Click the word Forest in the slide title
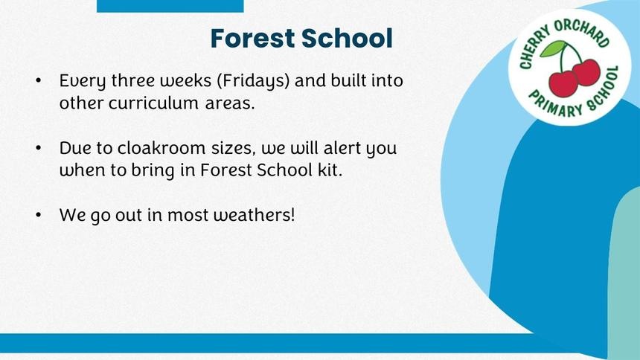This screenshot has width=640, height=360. (253, 39)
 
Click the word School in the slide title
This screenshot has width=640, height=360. (347, 39)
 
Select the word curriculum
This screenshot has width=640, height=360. (153, 103)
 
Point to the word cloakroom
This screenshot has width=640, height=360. (161, 148)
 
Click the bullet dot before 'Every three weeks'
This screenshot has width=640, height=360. (39, 80)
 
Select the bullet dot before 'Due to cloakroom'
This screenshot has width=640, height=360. (39, 148)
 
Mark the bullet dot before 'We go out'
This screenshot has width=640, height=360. (39, 215)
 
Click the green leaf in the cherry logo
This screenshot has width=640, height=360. (553, 48)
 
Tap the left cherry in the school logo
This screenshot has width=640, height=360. (563, 83)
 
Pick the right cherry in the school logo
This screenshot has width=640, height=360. (587, 73)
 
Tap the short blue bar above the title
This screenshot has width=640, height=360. (170, 6)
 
